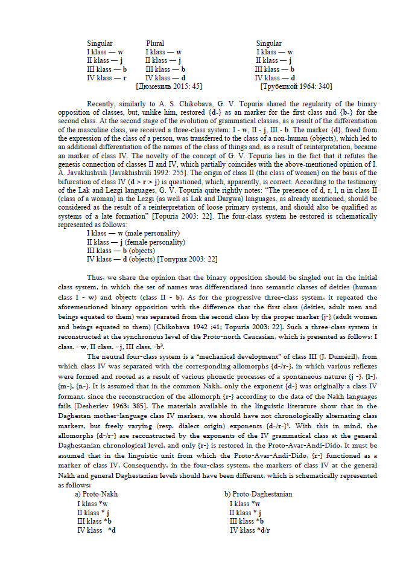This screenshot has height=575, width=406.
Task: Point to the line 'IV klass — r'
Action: pos(106,78)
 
